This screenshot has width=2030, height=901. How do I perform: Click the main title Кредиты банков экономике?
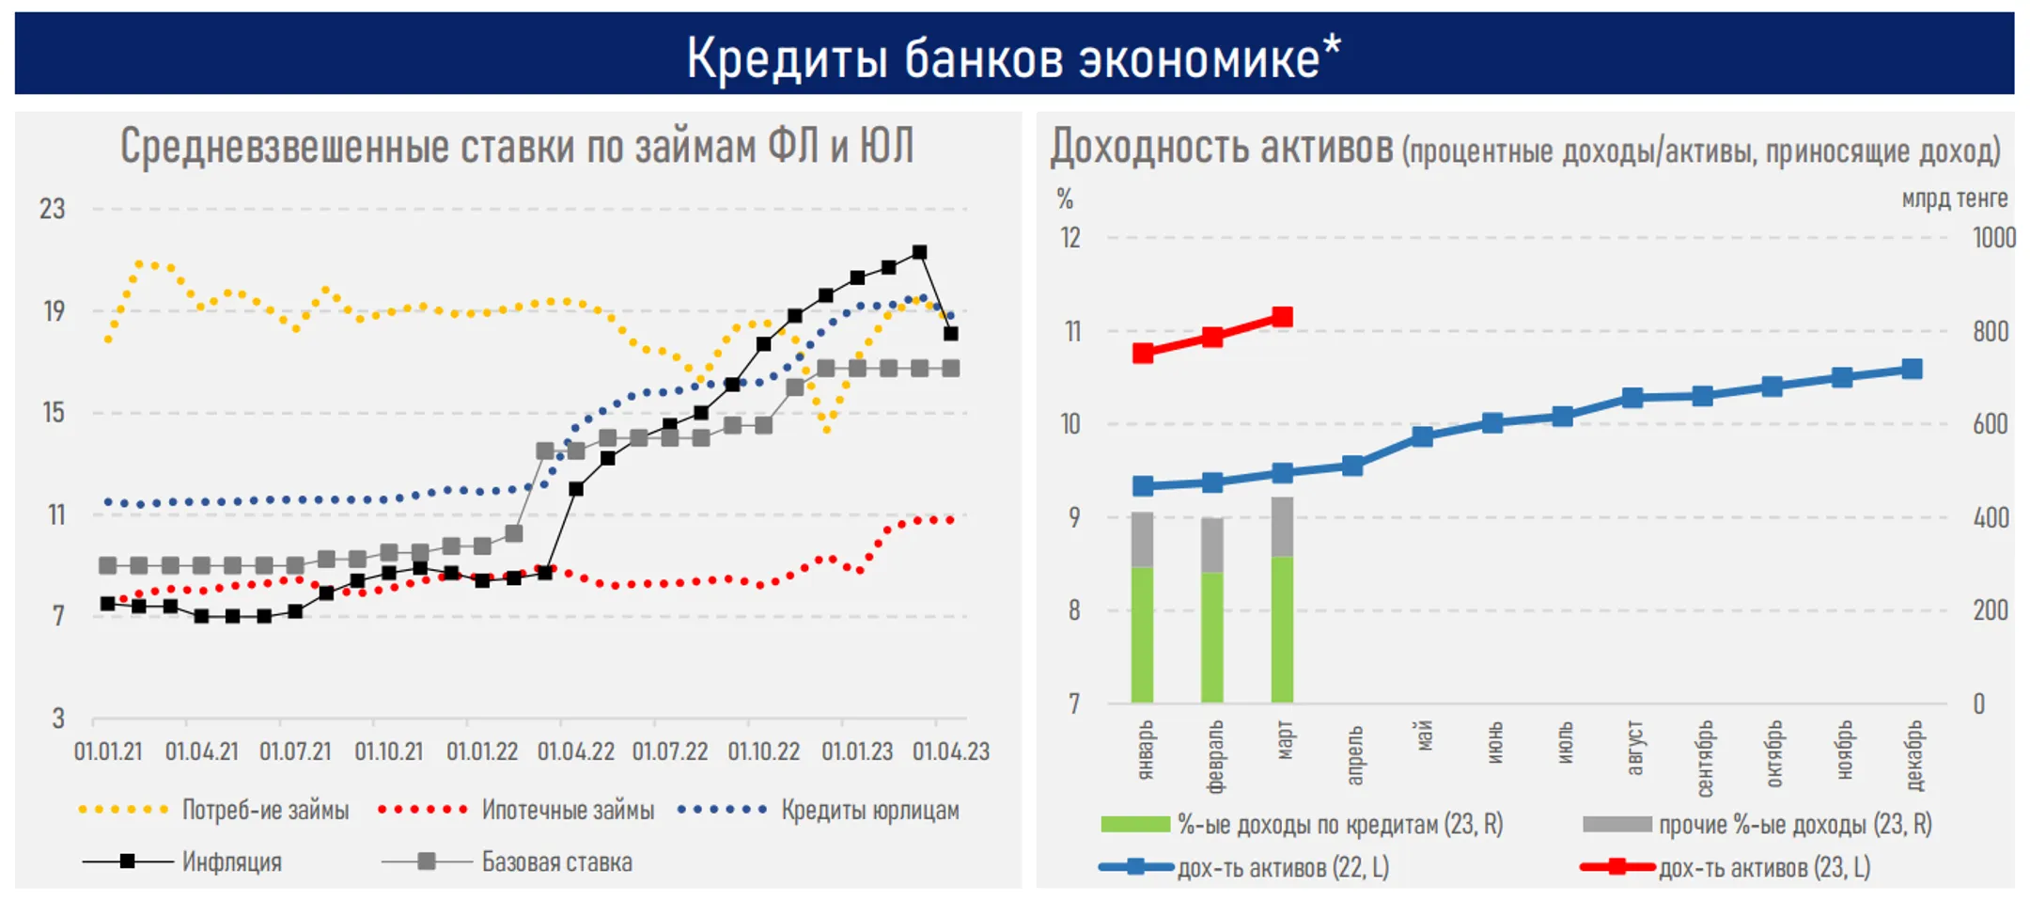coord(1013,56)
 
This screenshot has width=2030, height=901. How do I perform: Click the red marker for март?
coord(1282,317)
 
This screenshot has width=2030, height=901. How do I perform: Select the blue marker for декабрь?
coord(1911,369)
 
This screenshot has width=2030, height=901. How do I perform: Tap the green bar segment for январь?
coord(1142,635)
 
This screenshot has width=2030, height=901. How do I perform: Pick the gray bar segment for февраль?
coord(1212,545)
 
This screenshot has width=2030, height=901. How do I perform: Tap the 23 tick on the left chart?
coord(53,209)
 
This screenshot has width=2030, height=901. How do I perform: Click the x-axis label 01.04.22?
coord(575,752)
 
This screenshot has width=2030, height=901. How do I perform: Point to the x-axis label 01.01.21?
coord(108,752)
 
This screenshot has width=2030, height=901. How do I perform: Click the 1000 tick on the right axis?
coord(1993,238)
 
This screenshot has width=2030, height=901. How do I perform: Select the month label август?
coord(1634,748)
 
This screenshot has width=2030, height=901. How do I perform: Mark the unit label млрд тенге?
coord(1954,198)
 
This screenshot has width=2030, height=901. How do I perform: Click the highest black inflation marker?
coord(919,252)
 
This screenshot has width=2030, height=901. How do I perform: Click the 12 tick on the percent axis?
coord(1070,238)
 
